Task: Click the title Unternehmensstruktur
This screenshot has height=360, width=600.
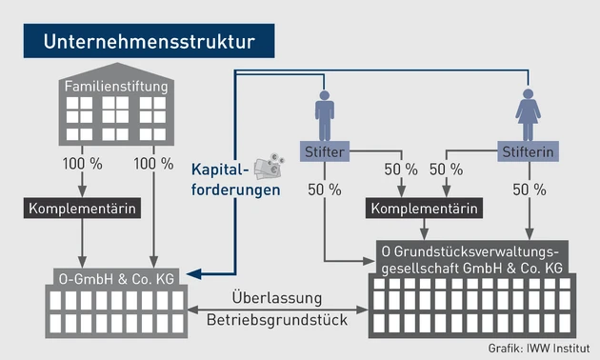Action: [150, 42]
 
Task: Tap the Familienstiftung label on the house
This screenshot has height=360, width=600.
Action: [116, 88]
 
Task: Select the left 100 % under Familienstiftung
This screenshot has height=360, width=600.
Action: [82, 164]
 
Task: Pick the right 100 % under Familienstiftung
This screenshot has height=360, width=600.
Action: [152, 164]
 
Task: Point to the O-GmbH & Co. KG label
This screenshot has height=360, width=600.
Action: [116, 277]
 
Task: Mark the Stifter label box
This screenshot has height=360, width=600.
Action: [324, 151]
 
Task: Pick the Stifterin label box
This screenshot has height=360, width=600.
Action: [528, 151]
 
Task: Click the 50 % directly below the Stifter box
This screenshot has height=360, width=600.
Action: [324, 190]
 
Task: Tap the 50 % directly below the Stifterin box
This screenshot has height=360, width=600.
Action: [528, 190]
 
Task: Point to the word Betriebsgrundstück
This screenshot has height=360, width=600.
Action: [277, 320]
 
